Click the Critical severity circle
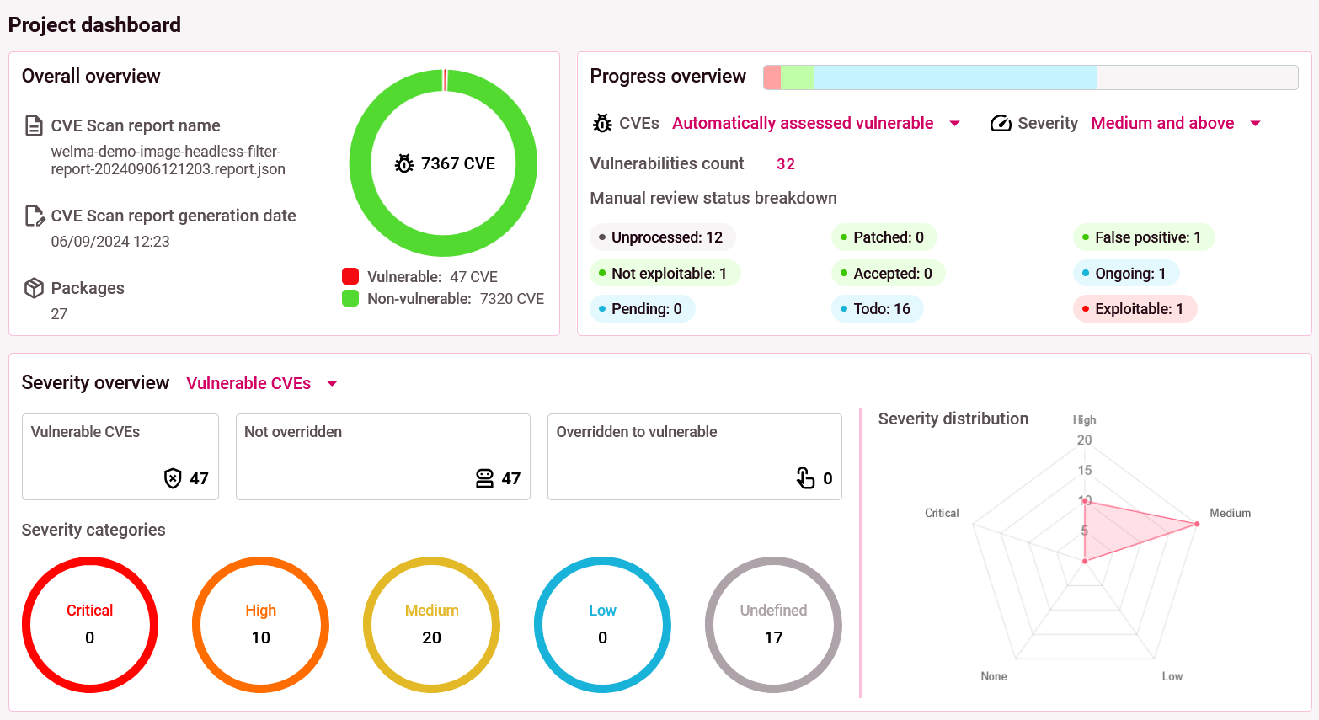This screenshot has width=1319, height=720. (90, 625)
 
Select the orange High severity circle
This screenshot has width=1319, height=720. (261, 625)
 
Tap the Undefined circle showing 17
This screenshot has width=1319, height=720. (773, 625)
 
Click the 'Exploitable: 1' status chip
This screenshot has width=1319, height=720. (1135, 309)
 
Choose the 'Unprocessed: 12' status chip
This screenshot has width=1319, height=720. (663, 237)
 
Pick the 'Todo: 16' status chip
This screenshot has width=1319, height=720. (878, 309)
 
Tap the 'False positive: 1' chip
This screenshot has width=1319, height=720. (1144, 237)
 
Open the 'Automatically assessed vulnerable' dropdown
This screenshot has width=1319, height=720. (815, 124)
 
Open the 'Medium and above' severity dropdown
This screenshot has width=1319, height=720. (1175, 124)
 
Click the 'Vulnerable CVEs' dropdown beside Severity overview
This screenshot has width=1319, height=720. (261, 384)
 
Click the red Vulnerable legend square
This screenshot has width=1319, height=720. (350, 276)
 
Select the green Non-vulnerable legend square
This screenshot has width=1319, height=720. (350, 298)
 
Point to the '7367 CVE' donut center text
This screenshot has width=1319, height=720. (446, 163)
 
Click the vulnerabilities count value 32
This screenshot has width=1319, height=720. (786, 164)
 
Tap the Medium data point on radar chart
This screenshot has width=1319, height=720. (1197, 524)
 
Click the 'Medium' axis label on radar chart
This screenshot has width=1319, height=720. (1230, 513)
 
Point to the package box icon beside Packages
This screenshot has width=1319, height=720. (34, 288)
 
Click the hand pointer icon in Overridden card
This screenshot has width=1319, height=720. (805, 478)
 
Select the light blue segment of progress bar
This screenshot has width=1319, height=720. (954, 77)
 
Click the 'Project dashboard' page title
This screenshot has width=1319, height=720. (94, 25)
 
